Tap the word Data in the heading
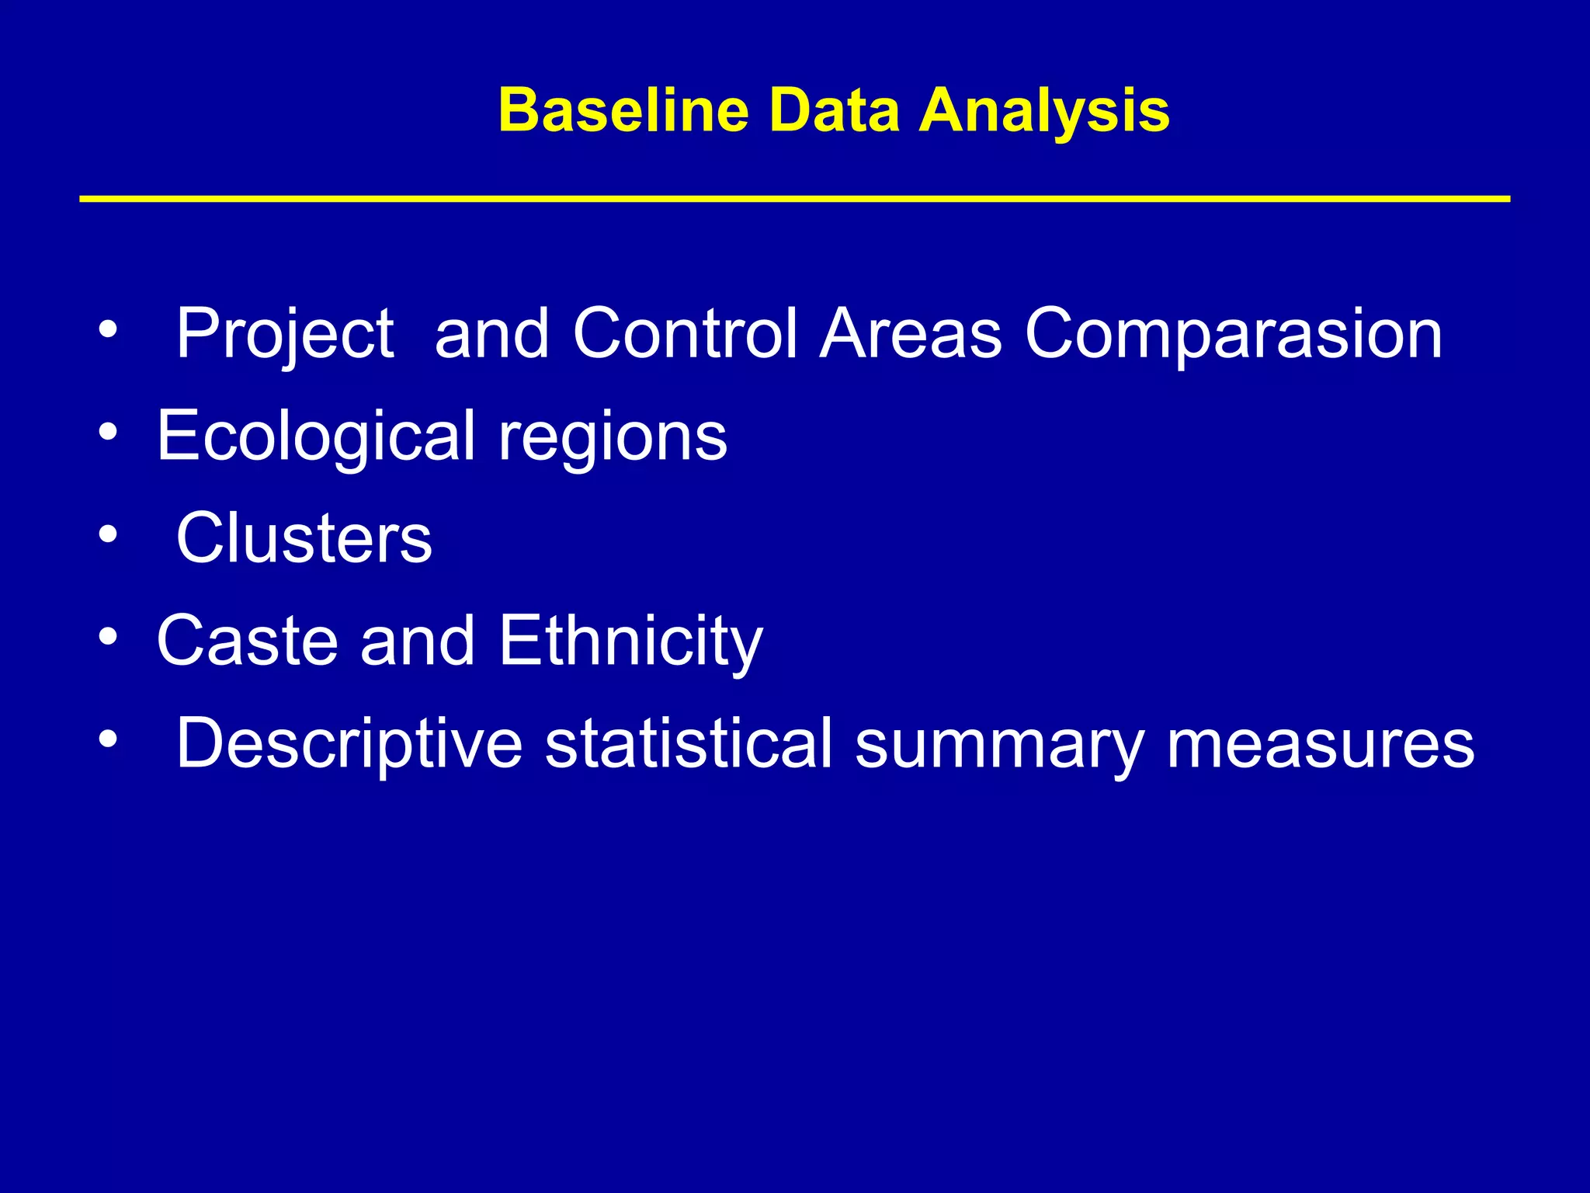[833, 110]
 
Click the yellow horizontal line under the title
[794, 200]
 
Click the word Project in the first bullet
[285, 334]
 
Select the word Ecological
[315, 437]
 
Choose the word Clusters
[304, 537]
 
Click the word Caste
[247, 641]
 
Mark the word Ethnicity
[630, 642]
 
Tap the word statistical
[688, 743]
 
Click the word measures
[1320, 744]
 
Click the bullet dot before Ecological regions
[108, 432]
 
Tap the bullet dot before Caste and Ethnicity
[108, 637]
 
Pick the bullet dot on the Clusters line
[108, 534]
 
